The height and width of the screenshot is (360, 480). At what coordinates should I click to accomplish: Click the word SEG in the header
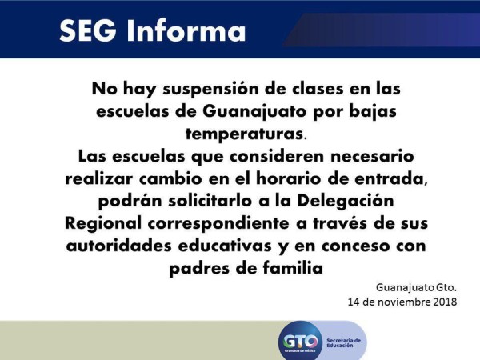click(88, 31)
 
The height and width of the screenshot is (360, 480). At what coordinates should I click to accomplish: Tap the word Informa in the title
click(186, 30)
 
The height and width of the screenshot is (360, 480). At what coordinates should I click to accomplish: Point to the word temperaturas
click(244, 134)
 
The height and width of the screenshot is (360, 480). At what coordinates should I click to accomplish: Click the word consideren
click(277, 156)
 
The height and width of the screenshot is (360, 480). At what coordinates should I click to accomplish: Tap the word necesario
click(372, 157)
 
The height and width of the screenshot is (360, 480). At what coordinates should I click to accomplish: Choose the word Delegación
click(346, 202)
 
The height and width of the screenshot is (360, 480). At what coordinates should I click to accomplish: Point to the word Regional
click(103, 223)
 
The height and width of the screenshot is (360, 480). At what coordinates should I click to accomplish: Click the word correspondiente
click(218, 224)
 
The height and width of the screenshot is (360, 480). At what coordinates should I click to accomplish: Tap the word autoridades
click(118, 246)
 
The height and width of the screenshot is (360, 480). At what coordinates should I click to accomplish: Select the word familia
click(293, 268)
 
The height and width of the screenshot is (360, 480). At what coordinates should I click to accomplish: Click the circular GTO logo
click(300, 342)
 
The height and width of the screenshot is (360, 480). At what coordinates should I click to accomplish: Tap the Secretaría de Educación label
click(343, 343)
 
